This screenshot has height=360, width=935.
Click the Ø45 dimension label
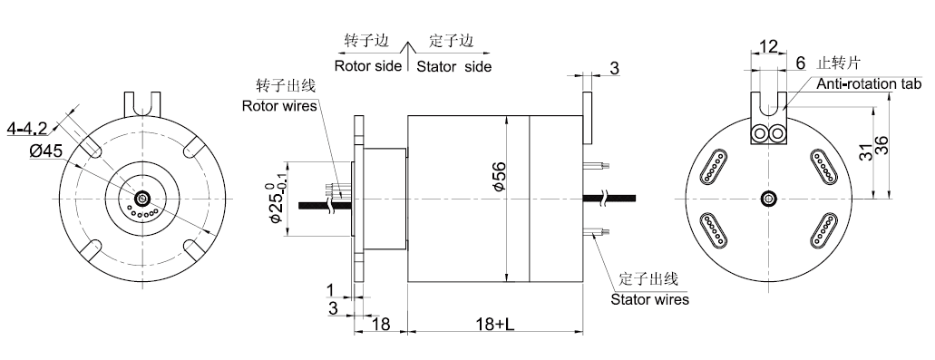45,151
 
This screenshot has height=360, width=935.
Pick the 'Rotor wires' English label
279,106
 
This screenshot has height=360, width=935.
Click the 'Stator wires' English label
649,299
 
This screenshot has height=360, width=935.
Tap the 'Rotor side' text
368,65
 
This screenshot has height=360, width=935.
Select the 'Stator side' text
453,65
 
